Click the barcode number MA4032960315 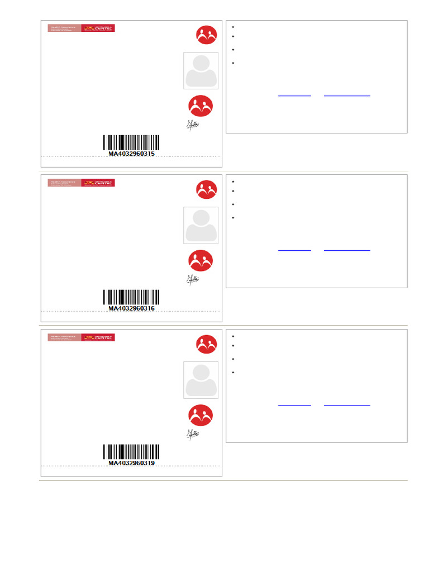tap(131, 154)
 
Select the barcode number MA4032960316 tap(131, 308)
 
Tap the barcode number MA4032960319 tap(131, 463)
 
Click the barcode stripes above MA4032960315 tap(131, 142)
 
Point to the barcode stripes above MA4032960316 tap(131, 297)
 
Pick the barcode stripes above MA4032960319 tap(131, 451)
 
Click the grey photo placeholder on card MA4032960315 tap(201, 71)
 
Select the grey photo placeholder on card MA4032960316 tap(201, 226)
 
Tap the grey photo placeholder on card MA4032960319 tap(201, 380)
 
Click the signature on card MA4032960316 tap(193, 279)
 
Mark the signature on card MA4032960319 tap(193, 433)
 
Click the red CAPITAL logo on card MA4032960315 tap(98, 28)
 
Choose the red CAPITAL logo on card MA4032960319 tap(98, 337)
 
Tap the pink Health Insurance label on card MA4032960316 tap(64, 183)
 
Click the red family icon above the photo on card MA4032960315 tap(206, 35)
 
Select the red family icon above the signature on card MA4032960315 tap(199, 106)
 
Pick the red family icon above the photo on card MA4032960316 tap(206, 190)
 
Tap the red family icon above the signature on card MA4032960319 tap(199, 415)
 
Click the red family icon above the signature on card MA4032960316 tap(199, 260)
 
